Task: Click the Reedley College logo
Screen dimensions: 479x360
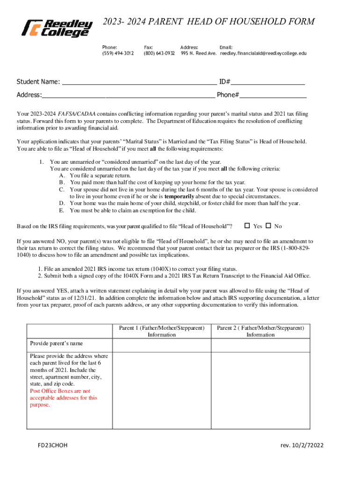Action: pyautogui.click(x=55, y=28)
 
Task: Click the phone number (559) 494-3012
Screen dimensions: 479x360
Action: pyautogui.click(x=118, y=53)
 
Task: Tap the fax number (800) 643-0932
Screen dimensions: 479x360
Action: pyautogui.click(x=159, y=53)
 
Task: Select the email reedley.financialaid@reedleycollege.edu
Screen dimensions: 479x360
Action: pyautogui.click(x=263, y=53)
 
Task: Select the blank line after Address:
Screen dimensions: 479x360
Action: pyautogui.click(x=129, y=96)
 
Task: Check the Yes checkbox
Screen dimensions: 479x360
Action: pyautogui.click(x=248, y=226)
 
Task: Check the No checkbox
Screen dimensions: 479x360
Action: pyautogui.click(x=268, y=226)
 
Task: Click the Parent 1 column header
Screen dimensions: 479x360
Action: pyautogui.click(x=162, y=331)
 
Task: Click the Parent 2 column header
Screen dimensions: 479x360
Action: pyautogui.click(x=260, y=331)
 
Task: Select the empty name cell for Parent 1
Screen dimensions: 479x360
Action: pyautogui.click(x=162, y=345)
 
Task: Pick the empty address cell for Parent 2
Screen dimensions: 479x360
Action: pyautogui.click(x=260, y=390)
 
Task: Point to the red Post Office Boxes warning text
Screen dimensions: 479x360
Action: pyautogui.click(x=64, y=398)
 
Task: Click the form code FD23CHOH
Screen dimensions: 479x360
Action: pyautogui.click(x=53, y=445)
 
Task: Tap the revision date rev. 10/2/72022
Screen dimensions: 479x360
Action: pyautogui.click(x=302, y=445)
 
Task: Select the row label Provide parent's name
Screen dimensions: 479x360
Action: pyautogui.click(x=56, y=343)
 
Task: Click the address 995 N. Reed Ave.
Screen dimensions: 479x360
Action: pyautogui.click(x=199, y=53)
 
